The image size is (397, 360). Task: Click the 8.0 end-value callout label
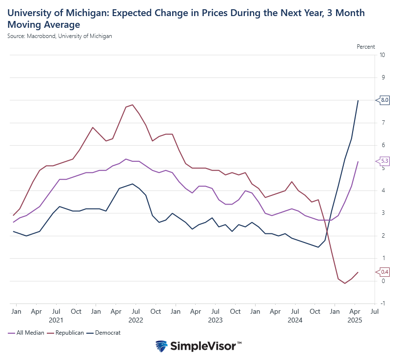[384, 100]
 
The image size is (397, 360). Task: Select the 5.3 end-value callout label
[384, 161]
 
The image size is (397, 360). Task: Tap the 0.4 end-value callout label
[384, 271]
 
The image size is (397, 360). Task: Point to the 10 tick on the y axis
[382, 55]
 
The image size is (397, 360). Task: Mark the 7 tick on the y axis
[382, 123]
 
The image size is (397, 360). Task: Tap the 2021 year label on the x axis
[56, 320]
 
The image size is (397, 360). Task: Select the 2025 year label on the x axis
[355, 320]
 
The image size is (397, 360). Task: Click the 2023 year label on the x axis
[215, 320]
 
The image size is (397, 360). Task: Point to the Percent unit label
[366, 47]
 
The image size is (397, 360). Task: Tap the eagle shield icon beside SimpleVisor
[161, 346]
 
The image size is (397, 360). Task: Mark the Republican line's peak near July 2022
[133, 105]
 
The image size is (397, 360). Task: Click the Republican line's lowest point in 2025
[345, 283]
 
